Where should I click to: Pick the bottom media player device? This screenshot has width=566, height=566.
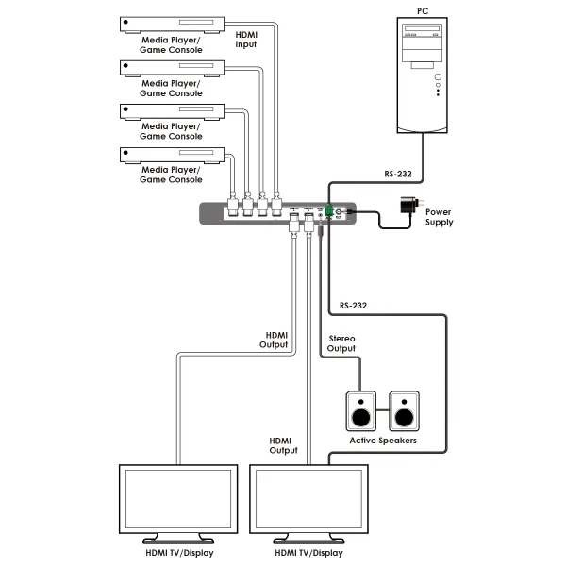coord(171,153)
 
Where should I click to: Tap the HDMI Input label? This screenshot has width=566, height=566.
coord(245,39)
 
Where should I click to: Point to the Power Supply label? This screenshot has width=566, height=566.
coord(440,218)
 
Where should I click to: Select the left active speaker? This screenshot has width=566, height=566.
coord(360,412)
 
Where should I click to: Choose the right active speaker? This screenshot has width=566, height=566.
coord(405,412)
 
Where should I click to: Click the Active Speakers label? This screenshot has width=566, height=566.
coord(382,441)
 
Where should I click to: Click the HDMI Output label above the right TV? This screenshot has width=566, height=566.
coord(283,445)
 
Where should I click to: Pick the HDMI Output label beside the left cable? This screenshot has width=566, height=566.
coord(274,340)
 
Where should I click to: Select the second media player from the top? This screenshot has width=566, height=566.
coord(171,67)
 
